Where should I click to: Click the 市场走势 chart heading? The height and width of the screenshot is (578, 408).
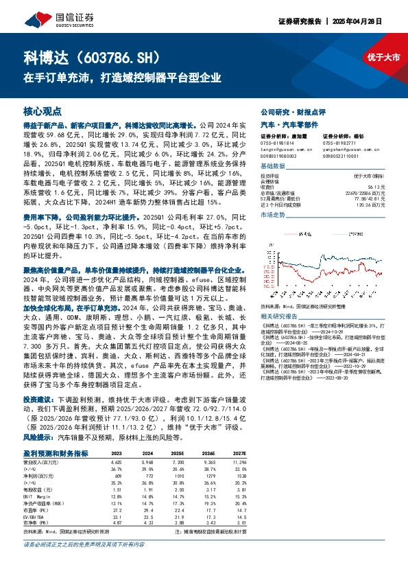click(272, 215)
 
